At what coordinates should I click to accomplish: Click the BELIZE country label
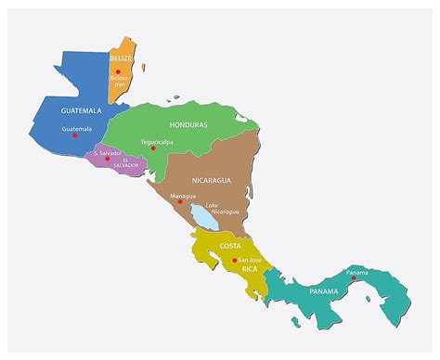click(122, 58)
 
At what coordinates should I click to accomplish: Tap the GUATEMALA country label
click(81, 110)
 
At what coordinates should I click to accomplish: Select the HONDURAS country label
click(188, 124)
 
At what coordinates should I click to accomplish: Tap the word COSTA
click(230, 245)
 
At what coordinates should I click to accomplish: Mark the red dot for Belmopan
click(118, 71)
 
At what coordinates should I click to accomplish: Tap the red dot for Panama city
click(353, 278)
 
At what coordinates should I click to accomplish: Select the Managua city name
click(184, 196)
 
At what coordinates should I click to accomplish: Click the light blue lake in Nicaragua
click(201, 217)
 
